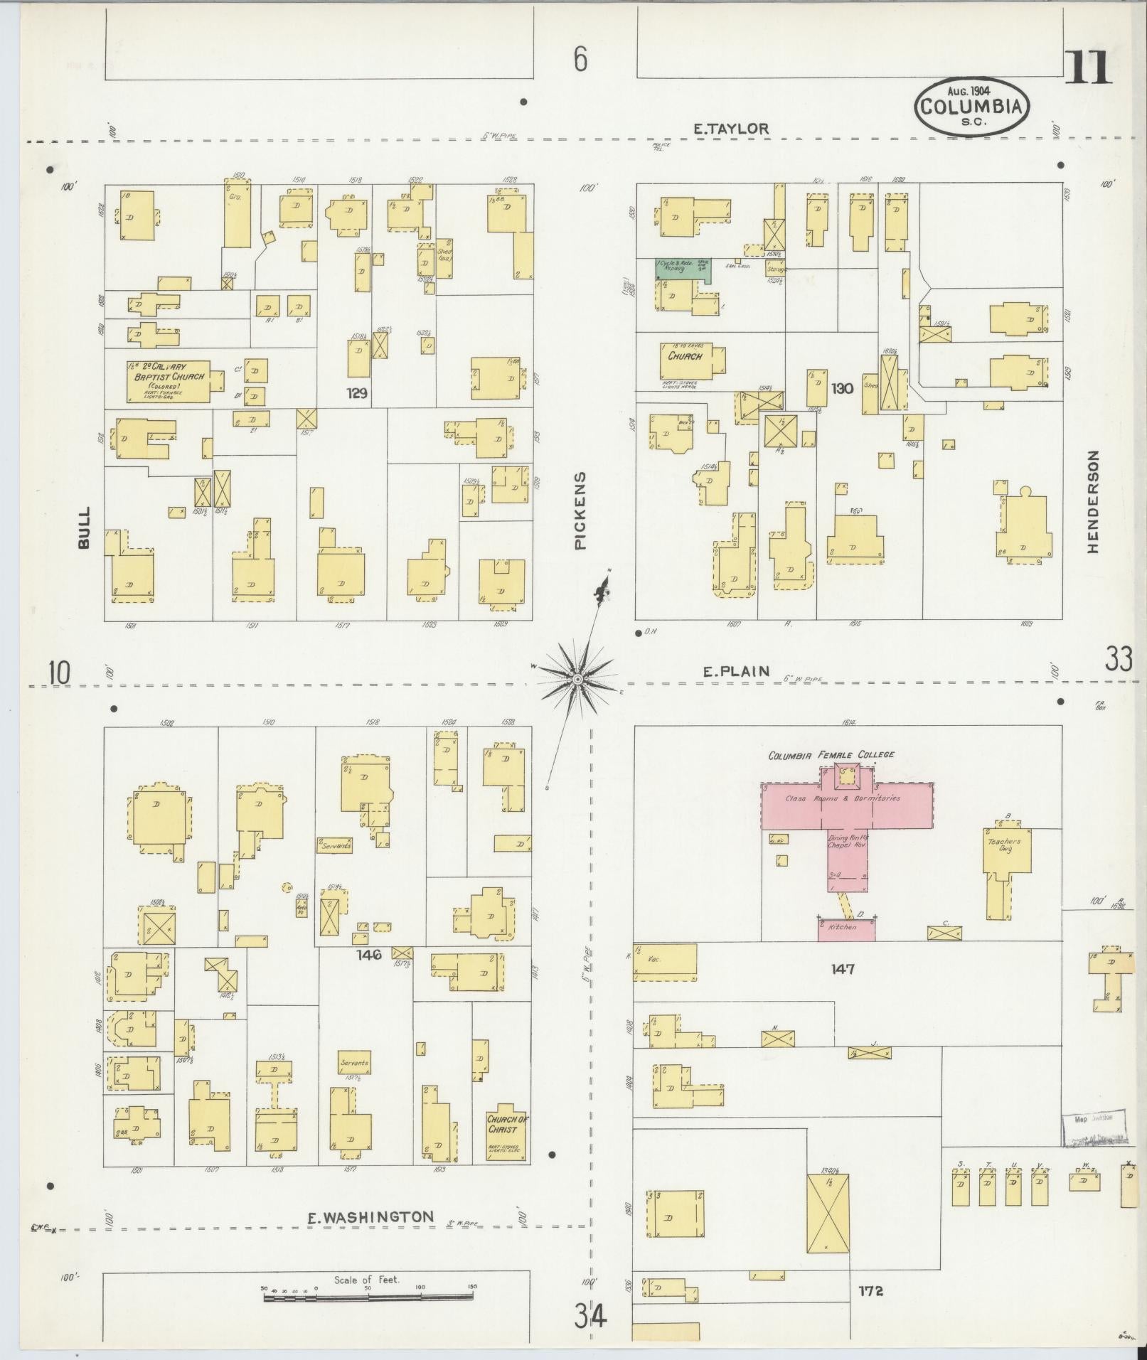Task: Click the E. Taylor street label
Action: (x=731, y=129)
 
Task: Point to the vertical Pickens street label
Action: (x=580, y=510)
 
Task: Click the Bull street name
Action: (x=85, y=527)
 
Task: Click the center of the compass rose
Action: (x=577, y=680)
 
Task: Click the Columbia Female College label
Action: (x=831, y=755)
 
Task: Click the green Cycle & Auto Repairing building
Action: (x=681, y=269)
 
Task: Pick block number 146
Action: (x=370, y=955)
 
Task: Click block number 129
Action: (x=356, y=392)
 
